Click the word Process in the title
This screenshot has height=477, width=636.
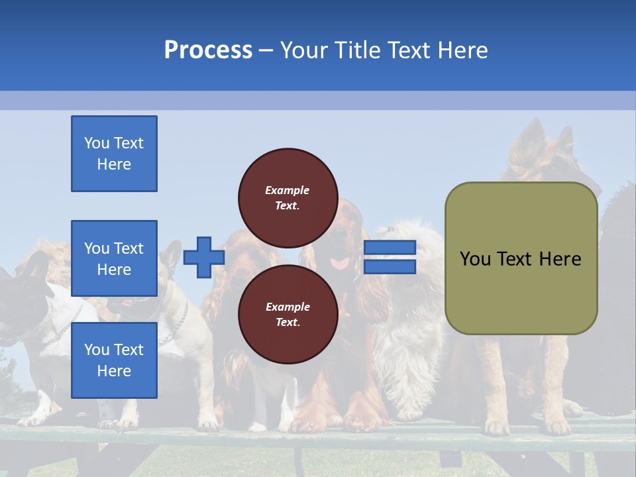tap(208, 50)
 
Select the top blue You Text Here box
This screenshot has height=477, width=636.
tap(114, 154)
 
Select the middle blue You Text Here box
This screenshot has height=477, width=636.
tap(114, 258)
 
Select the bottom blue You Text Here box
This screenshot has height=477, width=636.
tap(114, 360)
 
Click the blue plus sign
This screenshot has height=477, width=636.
tap(203, 258)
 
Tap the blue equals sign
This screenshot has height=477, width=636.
tap(390, 258)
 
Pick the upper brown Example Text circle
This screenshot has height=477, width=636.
tap(288, 197)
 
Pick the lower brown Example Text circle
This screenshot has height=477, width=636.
tap(288, 314)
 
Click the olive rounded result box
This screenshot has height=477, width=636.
tap(521, 258)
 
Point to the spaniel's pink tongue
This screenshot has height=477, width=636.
tap(341, 264)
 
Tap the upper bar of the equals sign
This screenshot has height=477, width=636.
tap(390, 248)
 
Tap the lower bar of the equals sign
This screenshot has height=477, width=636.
tap(390, 267)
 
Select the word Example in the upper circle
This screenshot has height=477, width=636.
tap(288, 190)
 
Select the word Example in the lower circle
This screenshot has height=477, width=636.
tap(288, 307)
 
